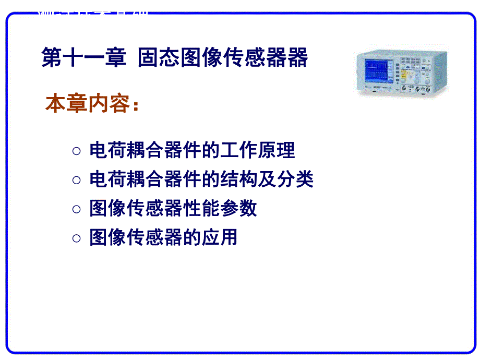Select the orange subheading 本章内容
[x=87, y=104]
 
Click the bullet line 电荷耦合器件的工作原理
[x=192, y=150]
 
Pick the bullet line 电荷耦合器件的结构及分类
[x=201, y=179]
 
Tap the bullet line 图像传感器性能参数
[x=173, y=209]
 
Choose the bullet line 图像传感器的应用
[x=163, y=237]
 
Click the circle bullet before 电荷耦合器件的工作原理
[x=77, y=151]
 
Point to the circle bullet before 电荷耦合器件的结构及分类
[x=77, y=181]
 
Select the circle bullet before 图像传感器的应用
[x=77, y=238]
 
